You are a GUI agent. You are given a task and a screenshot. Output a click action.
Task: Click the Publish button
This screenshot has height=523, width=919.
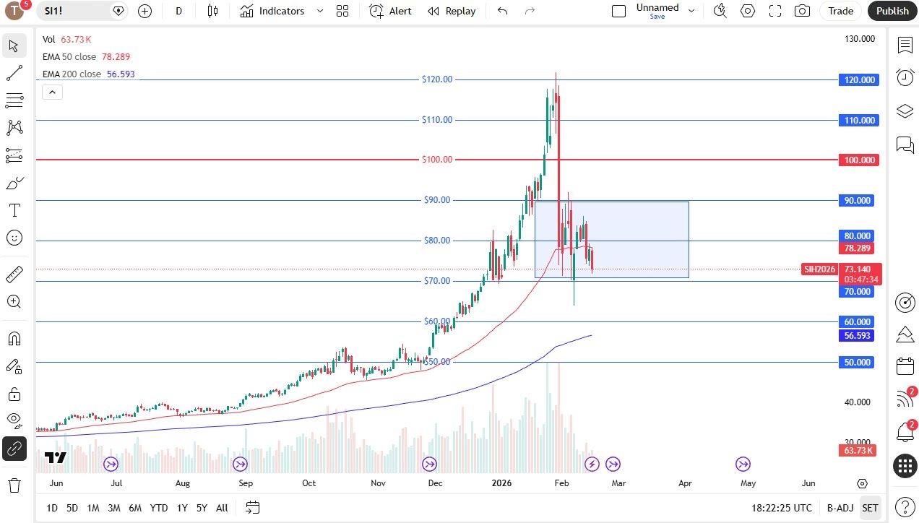[x=892, y=11]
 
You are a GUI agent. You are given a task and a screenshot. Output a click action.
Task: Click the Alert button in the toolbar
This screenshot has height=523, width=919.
[x=390, y=11]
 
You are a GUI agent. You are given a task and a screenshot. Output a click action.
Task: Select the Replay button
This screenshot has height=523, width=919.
[x=452, y=11]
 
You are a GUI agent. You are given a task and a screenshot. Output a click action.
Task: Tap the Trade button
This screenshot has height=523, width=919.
[x=840, y=11]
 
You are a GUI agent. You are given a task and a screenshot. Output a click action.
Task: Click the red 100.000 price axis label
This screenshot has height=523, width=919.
[x=859, y=160]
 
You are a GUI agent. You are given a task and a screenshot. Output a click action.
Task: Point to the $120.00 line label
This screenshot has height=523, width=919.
[x=437, y=79]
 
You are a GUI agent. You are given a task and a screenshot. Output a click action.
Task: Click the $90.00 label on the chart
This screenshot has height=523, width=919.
[x=437, y=200]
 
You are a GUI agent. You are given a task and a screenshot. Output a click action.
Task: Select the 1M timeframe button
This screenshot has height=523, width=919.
[x=92, y=508]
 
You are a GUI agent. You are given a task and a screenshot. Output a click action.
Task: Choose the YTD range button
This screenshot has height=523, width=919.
[x=159, y=508]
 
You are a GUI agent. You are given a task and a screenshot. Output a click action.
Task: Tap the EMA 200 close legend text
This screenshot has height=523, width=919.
[x=72, y=74]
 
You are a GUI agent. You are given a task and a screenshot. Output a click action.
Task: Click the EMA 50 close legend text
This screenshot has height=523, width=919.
[x=69, y=57]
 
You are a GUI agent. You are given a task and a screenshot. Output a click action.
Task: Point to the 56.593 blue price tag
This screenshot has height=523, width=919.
[x=858, y=336]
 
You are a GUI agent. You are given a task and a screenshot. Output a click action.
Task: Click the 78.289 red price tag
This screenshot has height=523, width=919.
[x=858, y=248]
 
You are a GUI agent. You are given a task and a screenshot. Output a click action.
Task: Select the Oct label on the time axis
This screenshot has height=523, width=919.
[x=309, y=483]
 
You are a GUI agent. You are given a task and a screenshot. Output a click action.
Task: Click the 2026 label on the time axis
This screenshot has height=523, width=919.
[x=501, y=483]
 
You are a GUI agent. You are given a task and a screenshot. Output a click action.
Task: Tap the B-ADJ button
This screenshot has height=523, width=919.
[x=840, y=508]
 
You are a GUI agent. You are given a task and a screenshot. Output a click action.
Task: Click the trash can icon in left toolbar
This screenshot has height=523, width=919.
[x=14, y=485]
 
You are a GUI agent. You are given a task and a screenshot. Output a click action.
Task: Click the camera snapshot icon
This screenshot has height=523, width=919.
[x=802, y=11]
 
